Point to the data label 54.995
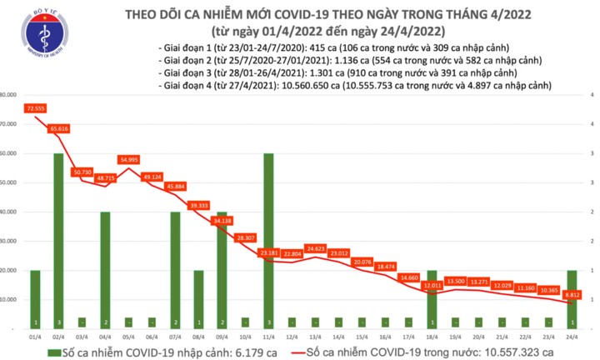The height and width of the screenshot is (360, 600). click(x=129, y=158)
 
